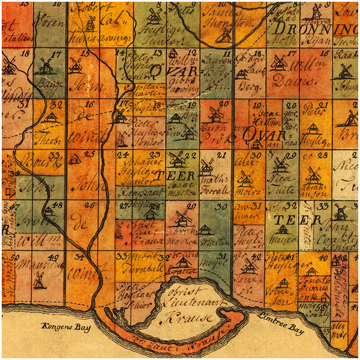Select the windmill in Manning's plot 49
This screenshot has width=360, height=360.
coord(40,280)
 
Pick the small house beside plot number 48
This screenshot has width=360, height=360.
coord(48,211)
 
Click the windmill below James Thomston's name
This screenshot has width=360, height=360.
coord(225,35)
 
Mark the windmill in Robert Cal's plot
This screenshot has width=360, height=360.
coord(91,24)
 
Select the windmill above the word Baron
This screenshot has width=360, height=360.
coord(216,113)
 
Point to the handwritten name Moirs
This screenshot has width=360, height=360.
coord(244,191)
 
